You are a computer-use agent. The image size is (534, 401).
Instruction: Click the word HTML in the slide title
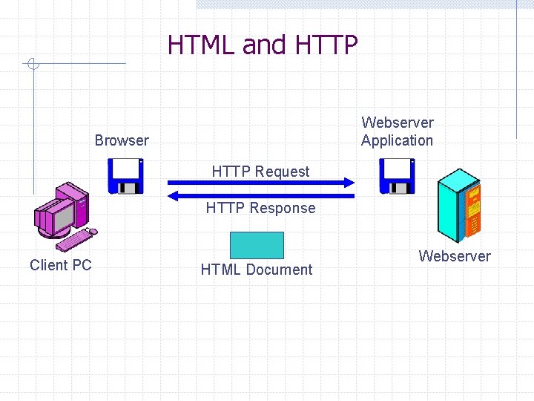pyautogui.click(x=202, y=45)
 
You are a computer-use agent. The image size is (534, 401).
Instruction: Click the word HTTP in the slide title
pyautogui.click(x=326, y=45)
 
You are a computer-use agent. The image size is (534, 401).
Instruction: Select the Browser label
pyautogui.click(x=122, y=140)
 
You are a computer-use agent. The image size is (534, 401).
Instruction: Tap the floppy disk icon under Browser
pyautogui.click(x=126, y=177)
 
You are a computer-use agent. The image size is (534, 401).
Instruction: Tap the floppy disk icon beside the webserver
pyautogui.click(x=398, y=177)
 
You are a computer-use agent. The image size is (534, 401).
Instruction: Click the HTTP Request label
pyautogui.click(x=260, y=172)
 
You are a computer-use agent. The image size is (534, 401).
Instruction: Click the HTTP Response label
pyautogui.click(x=260, y=208)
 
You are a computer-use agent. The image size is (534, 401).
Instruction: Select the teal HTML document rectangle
pyautogui.click(x=257, y=245)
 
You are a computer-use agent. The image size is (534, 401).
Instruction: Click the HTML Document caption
pyautogui.click(x=257, y=270)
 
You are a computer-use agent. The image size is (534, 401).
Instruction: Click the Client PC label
pyautogui.click(x=61, y=265)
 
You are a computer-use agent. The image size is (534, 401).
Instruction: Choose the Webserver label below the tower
pyautogui.click(x=455, y=256)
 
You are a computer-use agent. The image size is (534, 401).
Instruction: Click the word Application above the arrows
pyautogui.click(x=397, y=140)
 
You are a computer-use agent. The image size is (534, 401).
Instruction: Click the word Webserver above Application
pyautogui.click(x=398, y=123)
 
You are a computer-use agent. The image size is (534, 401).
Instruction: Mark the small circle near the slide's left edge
pyautogui.click(x=31, y=64)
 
